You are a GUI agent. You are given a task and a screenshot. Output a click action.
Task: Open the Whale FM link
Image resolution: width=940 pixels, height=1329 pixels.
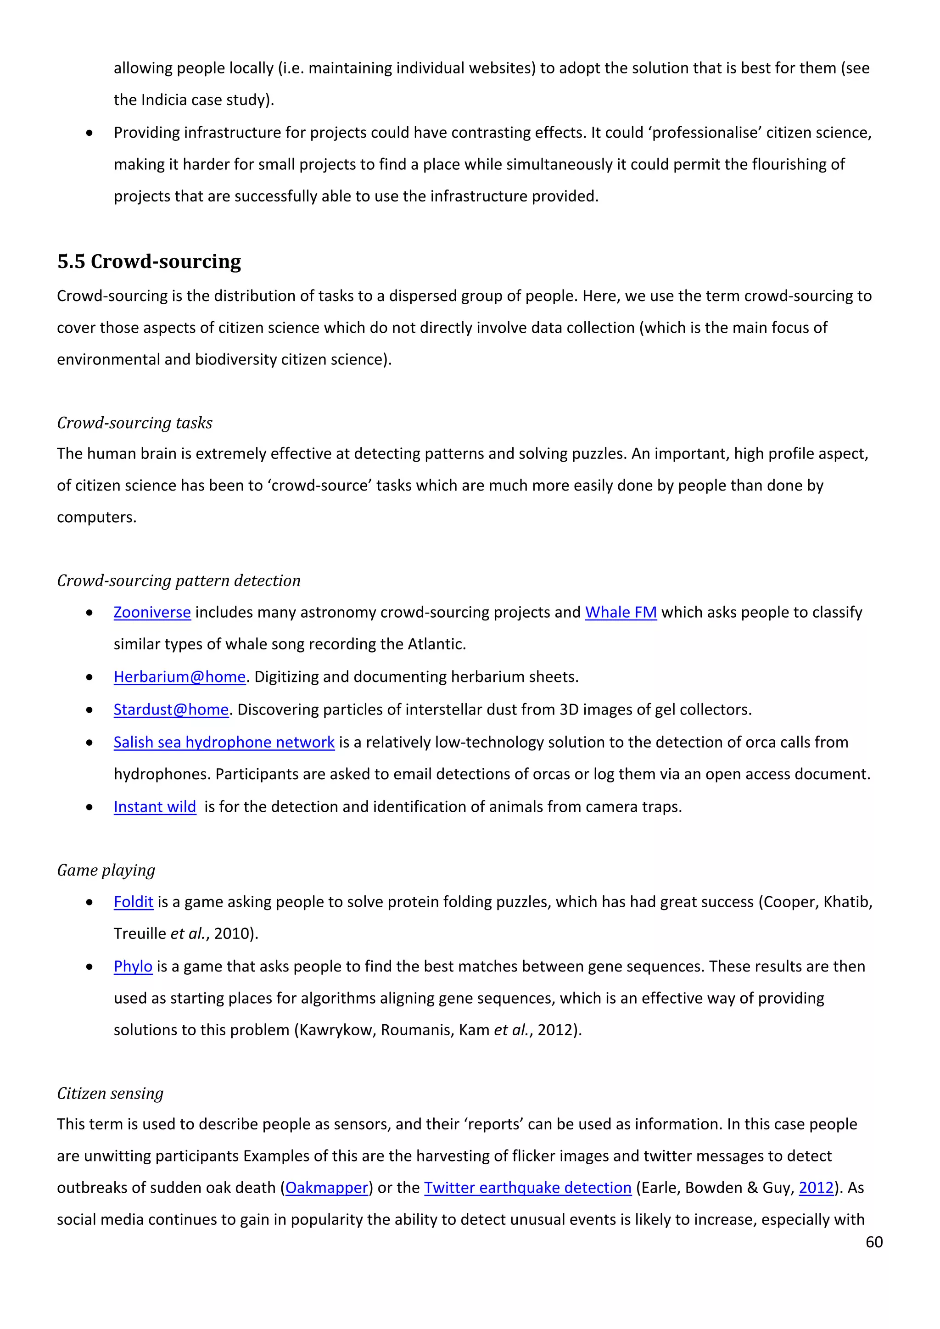621,612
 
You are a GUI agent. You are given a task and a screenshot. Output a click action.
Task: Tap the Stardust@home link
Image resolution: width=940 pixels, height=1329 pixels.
171,709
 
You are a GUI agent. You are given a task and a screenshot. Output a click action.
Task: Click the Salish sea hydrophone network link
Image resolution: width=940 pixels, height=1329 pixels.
224,742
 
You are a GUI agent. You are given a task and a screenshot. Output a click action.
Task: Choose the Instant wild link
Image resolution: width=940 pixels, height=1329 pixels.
155,807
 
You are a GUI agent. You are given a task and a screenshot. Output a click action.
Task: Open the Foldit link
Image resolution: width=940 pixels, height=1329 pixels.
133,902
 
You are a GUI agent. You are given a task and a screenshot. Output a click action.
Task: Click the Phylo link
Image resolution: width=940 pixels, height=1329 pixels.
133,966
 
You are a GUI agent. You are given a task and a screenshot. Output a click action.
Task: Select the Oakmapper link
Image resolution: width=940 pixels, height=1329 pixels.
326,1188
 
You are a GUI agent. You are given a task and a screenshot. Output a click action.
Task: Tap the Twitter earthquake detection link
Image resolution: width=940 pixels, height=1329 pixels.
527,1188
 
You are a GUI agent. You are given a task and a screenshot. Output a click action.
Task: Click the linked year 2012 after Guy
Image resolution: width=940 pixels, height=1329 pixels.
816,1188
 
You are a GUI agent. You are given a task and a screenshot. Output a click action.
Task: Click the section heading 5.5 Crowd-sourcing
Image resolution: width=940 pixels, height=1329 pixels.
149,262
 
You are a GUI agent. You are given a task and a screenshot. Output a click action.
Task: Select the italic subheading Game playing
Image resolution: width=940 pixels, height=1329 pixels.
106,870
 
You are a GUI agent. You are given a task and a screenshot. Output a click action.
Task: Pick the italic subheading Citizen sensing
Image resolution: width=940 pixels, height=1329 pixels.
110,1094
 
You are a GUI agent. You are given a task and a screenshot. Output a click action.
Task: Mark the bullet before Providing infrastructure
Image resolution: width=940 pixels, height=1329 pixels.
89,133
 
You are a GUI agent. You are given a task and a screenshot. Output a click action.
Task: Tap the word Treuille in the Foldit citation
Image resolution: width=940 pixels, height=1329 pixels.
140,934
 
